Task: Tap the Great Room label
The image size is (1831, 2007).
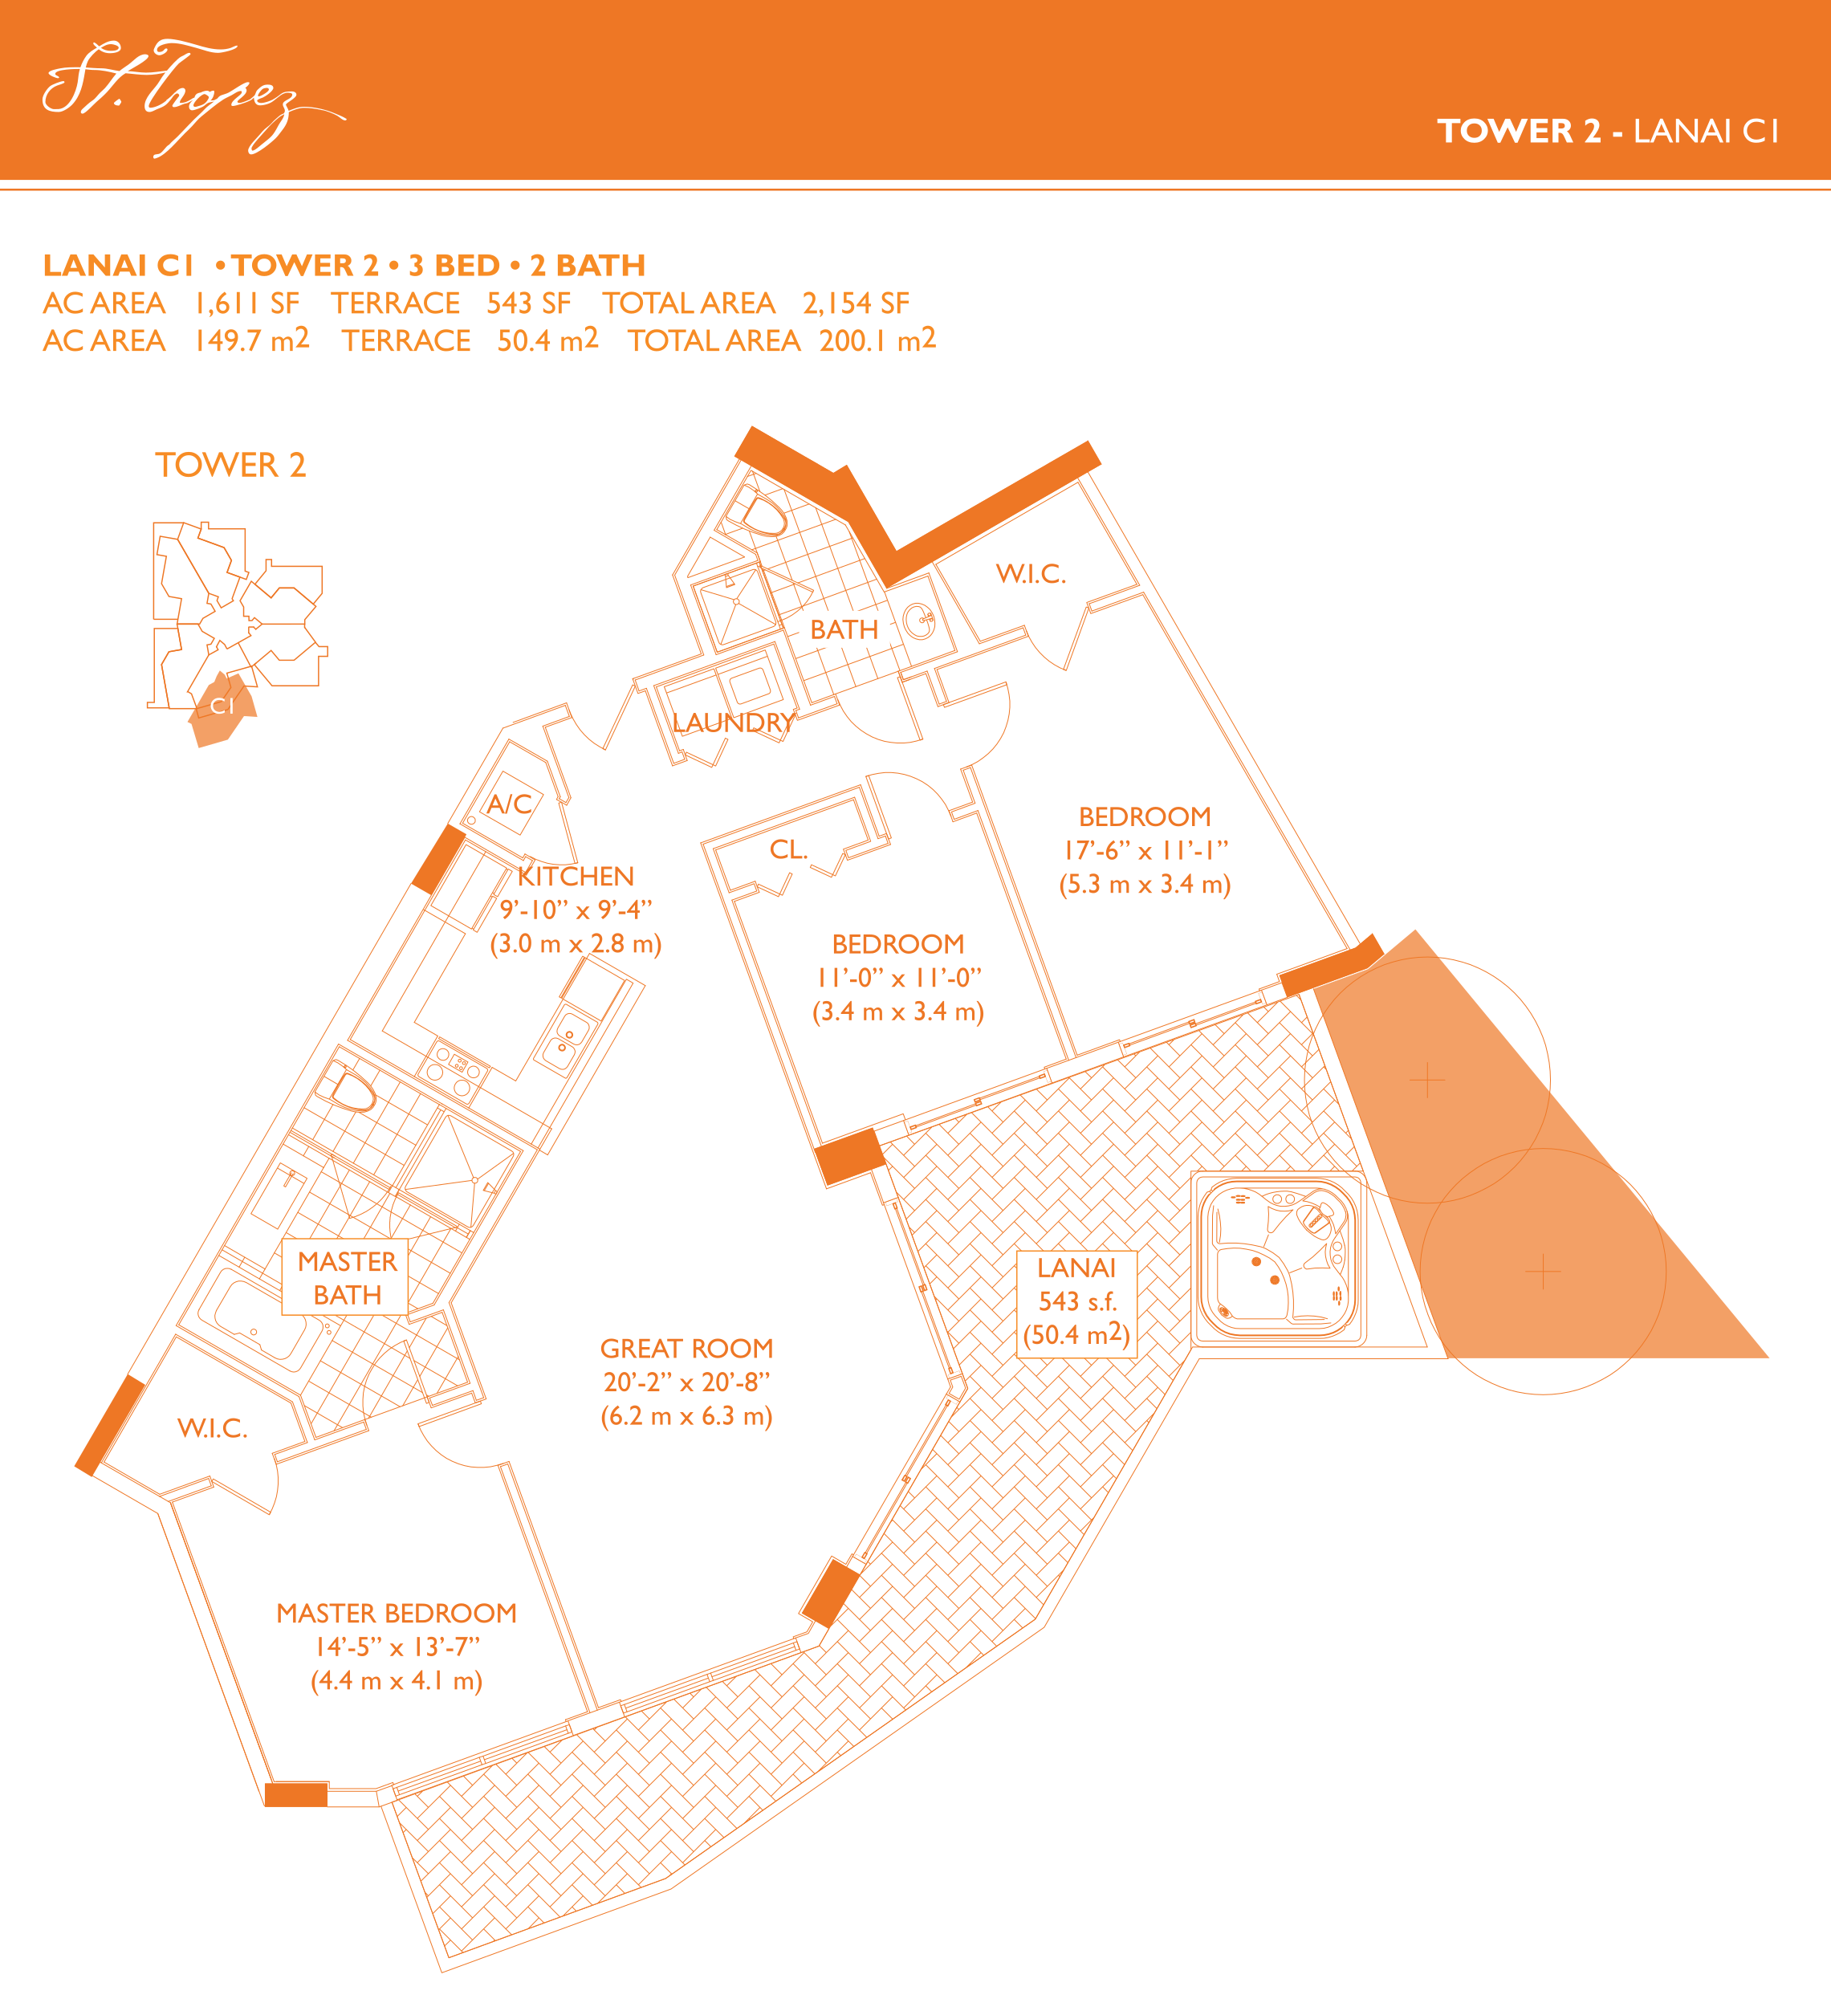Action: point(687,1348)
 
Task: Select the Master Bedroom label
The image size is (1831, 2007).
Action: point(397,1613)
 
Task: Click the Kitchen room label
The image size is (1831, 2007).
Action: point(576,876)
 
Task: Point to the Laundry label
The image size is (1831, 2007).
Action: point(734,723)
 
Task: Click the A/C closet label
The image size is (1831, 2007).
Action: point(509,804)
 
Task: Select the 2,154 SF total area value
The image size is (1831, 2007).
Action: point(857,303)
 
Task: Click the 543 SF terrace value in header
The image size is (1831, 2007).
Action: point(529,303)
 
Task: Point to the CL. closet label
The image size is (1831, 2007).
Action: point(788,849)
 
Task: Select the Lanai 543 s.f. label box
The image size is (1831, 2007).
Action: point(1077,1303)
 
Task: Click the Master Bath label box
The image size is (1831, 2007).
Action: point(347,1277)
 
